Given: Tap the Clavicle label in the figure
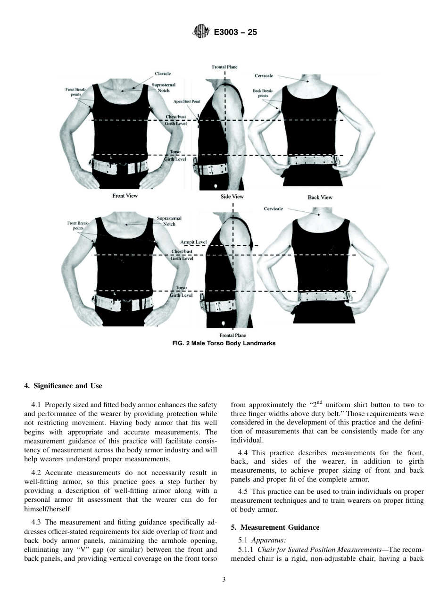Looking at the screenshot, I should [x=163, y=74].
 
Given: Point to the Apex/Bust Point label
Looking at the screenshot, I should [x=186, y=101].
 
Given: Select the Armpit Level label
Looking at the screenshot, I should [x=193, y=242].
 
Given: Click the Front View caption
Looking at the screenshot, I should [x=125, y=195].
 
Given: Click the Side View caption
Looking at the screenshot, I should [x=232, y=197].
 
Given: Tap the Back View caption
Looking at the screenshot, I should [x=320, y=197].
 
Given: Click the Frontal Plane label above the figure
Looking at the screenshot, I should [x=224, y=67].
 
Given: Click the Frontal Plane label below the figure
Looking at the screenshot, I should [x=232, y=335].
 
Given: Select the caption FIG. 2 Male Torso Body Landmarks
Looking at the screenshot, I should [x=224, y=343].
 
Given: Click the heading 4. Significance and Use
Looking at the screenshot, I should [x=63, y=386].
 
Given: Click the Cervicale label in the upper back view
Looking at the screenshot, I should [x=264, y=75].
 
